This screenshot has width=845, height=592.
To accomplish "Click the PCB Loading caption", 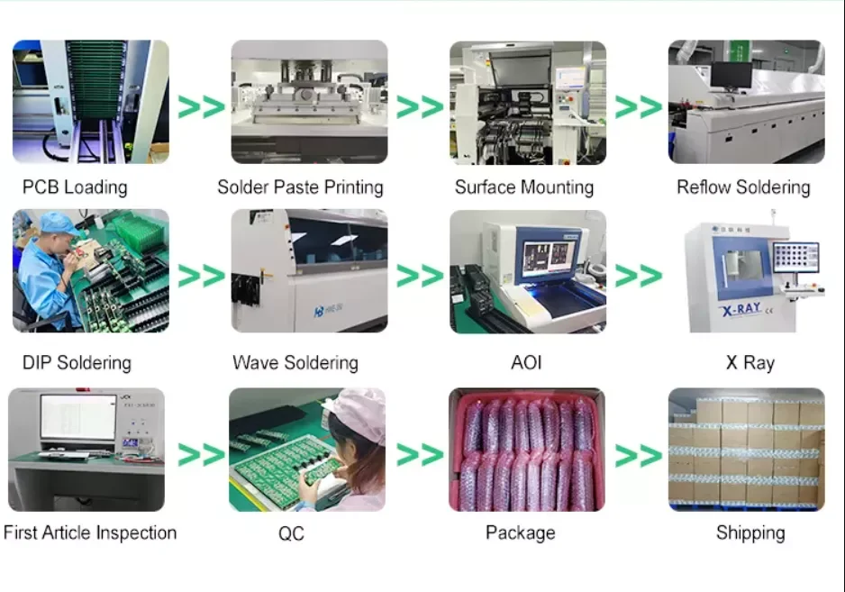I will pyautogui.click(x=75, y=187).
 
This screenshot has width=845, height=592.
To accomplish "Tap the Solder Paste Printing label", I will pyautogui.click(x=300, y=187).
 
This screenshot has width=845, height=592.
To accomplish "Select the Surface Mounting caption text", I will pyautogui.click(x=523, y=187).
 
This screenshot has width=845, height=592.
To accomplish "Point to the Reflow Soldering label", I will pyautogui.click(x=743, y=187).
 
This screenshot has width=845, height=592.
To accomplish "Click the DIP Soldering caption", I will pyautogui.click(x=77, y=363).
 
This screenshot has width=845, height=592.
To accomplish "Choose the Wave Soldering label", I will pyautogui.click(x=295, y=363).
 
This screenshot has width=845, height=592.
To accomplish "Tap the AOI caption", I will pyautogui.click(x=526, y=363).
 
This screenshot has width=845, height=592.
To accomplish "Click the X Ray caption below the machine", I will pyautogui.click(x=750, y=363).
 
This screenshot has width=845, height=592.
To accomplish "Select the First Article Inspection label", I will pyautogui.click(x=90, y=533).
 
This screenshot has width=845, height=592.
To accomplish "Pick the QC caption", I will pyautogui.click(x=291, y=533).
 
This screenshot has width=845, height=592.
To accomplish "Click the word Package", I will pyautogui.click(x=520, y=533).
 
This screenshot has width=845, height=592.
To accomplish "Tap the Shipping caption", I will pyautogui.click(x=750, y=533).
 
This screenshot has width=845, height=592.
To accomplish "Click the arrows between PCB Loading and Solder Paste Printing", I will pyautogui.click(x=200, y=106).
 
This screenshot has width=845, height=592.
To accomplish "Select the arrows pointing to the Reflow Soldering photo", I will pyautogui.click(x=638, y=106).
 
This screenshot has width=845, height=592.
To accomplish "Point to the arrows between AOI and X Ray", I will pyautogui.click(x=638, y=275).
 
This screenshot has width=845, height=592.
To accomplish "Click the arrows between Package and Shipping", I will pyautogui.click(x=638, y=455).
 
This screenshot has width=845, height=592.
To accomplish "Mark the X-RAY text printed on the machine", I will pyautogui.click(x=741, y=309).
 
